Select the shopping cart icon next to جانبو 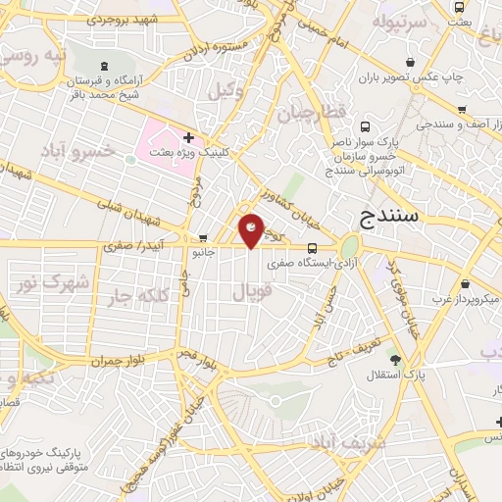point(202,237)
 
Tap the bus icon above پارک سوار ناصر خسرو point(366,126)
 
